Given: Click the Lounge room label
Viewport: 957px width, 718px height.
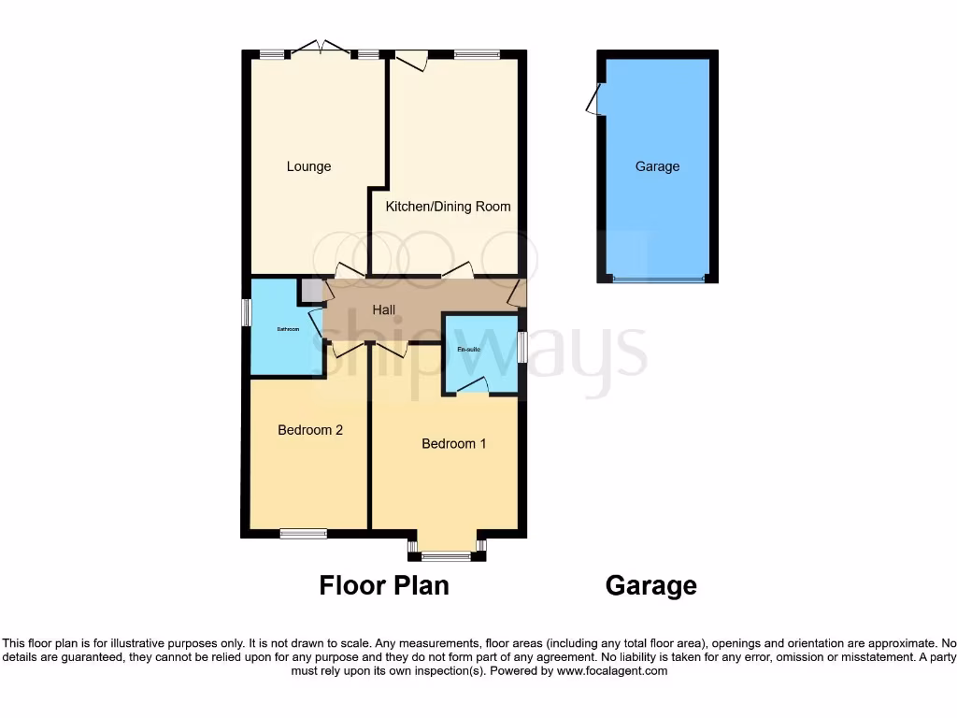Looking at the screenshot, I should (x=308, y=166).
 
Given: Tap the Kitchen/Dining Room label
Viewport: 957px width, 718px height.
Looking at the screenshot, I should (x=448, y=206).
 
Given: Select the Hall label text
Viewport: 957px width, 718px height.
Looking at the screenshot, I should (x=384, y=309).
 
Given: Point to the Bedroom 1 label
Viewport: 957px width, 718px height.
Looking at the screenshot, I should (x=453, y=443).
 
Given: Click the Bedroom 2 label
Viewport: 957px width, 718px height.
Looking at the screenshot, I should (x=310, y=430).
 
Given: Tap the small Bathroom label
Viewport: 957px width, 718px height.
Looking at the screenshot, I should (x=287, y=329).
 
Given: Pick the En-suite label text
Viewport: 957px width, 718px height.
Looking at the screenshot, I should (x=468, y=349).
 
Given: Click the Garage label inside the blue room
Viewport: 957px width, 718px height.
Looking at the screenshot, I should (x=657, y=166).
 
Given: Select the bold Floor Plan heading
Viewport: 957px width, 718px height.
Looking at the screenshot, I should (x=384, y=585).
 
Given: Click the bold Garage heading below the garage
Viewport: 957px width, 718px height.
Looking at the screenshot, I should (x=650, y=585).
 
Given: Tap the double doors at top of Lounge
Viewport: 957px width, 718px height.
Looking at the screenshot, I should (x=320, y=49).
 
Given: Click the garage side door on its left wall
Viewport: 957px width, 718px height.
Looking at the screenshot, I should (x=593, y=99).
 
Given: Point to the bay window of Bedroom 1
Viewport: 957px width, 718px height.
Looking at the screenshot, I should (x=446, y=556).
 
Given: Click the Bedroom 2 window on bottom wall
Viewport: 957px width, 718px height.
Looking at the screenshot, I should (x=303, y=534).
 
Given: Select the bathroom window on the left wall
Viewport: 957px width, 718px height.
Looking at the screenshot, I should (x=246, y=312).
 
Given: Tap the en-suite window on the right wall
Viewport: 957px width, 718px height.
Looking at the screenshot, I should (x=521, y=347).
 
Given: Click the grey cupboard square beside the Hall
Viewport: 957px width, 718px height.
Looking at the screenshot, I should (x=309, y=290).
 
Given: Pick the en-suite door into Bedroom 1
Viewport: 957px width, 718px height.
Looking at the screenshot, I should (x=474, y=384).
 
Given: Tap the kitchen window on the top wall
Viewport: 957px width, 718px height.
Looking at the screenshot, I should (x=477, y=54).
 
